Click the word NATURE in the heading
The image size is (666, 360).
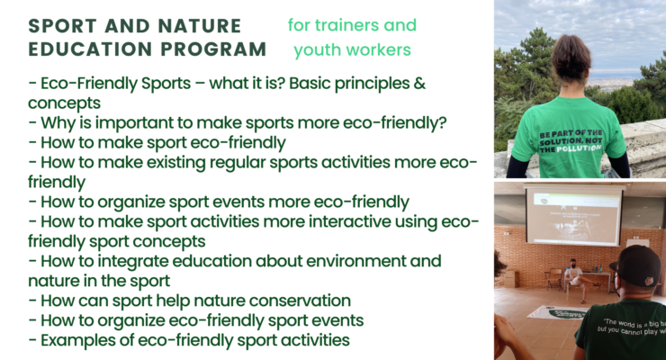point(199,26)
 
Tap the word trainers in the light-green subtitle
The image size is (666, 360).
point(343,25)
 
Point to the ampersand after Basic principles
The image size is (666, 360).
point(419,83)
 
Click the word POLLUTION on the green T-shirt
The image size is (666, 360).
point(579,148)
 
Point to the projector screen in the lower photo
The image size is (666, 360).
point(573,217)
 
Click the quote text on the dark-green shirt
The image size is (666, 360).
point(633,327)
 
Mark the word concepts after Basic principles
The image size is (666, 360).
point(65,103)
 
